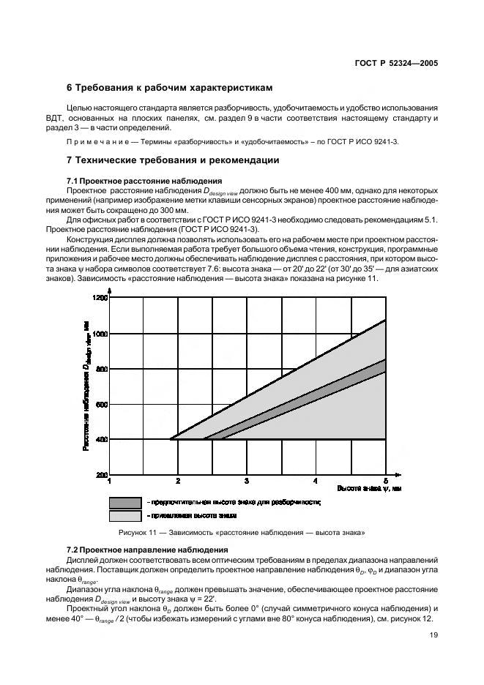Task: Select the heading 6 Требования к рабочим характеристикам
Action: pos(170,88)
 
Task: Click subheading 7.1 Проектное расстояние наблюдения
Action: pos(144,180)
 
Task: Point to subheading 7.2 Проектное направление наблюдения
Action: pos(147,550)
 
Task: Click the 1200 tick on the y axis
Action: pos(99,298)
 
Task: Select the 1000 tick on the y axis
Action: pos(99,334)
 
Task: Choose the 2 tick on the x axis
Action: pos(178,482)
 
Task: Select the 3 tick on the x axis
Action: pos(247,482)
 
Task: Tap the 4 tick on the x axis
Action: pos(316,482)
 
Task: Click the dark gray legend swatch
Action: pos(125,503)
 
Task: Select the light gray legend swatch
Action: pos(125,516)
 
